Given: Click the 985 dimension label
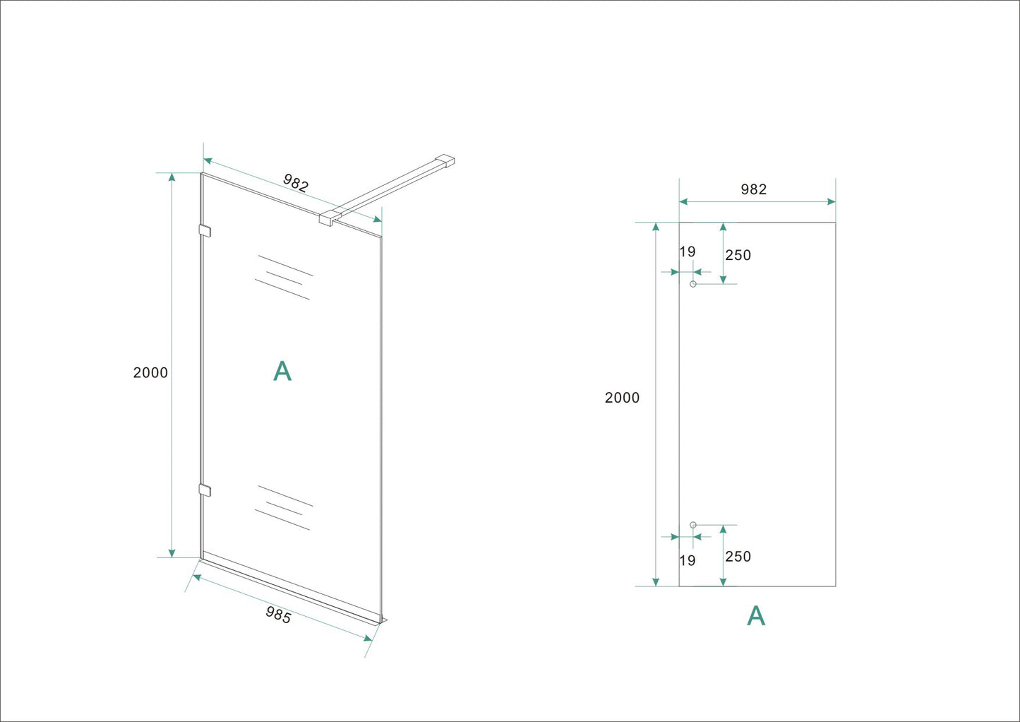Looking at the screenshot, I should pyautogui.click(x=278, y=615).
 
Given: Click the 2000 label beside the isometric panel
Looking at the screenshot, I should pyautogui.click(x=150, y=373).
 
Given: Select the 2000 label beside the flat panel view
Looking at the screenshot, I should pyautogui.click(x=622, y=398).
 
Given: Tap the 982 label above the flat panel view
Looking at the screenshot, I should pyautogui.click(x=753, y=189).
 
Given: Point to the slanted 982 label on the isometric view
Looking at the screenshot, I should pyautogui.click(x=296, y=183).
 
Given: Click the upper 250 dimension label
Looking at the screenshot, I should pyautogui.click(x=738, y=256).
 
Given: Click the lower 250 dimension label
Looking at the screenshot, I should pyautogui.click(x=738, y=557).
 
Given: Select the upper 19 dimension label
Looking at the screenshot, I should pyautogui.click(x=688, y=252).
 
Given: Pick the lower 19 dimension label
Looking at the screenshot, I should pyautogui.click(x=688, y=561).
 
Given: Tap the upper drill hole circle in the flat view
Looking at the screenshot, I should pyautogui.click(x=693, y=284).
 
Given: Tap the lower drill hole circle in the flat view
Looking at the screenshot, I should pyautogui.click(x=693, y=525).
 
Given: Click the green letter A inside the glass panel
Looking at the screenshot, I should pyautogui.click(x=282, y=371).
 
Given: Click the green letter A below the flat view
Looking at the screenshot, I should pyautogui.click(x=756, y=616).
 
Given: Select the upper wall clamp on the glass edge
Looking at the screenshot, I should pyautogui.click(x=205, y=230).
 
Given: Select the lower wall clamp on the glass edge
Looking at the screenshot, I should pyautogui.click(x=205, y=490).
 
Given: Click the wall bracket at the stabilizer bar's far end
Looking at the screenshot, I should pyautogui.click(x=445, y=161).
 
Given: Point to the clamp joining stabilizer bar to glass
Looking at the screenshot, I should pyautogui.click(x=329, y=217).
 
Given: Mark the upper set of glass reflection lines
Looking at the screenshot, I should pyautogui.click(x=283, y=278).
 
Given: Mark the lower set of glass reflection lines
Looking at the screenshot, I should pyautogui.click(x=283, y=508).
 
